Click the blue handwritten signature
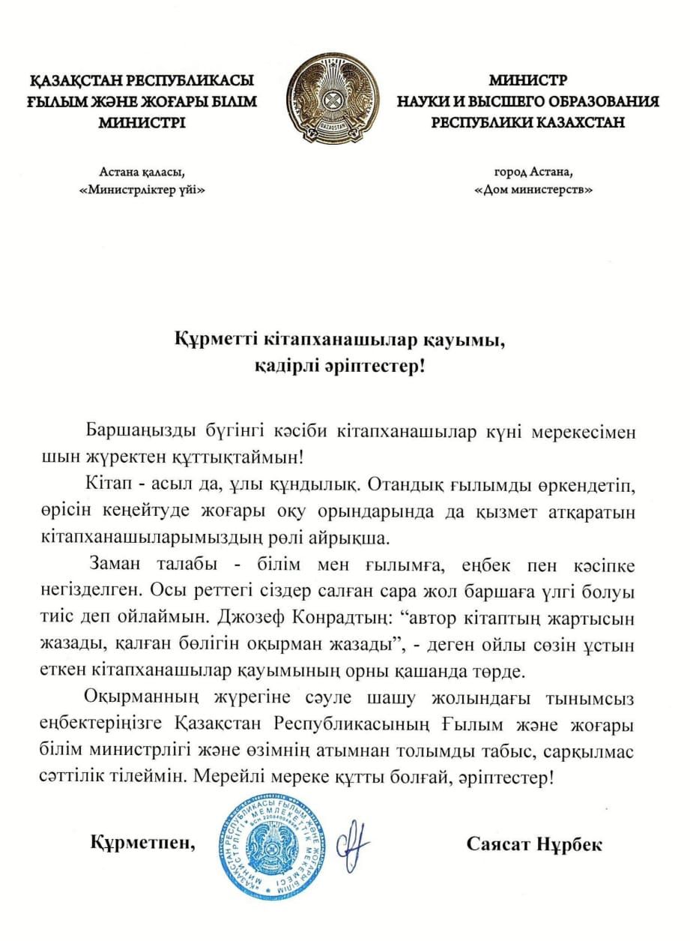coord(353,841)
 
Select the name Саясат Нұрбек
coord(534,844)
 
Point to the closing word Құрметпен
coord(143,842)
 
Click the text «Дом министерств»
coord(533,190)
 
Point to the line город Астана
coord(533,170)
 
